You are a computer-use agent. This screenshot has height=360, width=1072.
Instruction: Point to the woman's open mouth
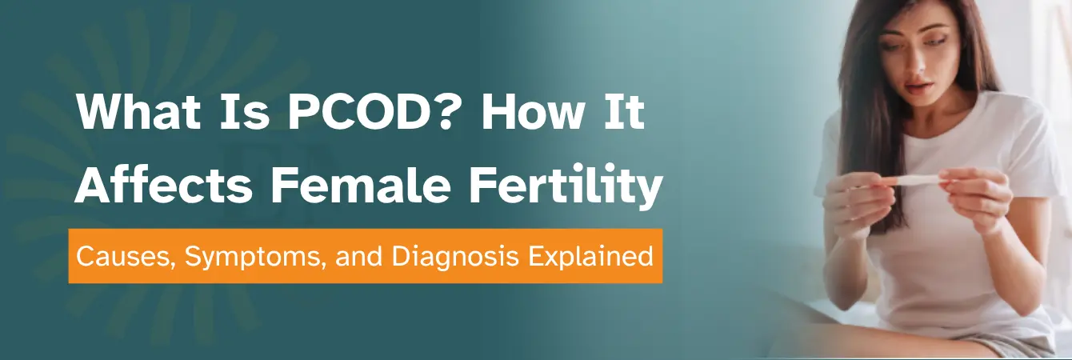point(915,88)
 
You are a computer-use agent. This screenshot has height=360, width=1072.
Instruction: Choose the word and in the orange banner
point(359,257)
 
